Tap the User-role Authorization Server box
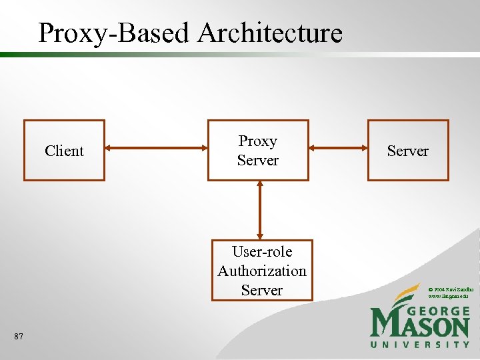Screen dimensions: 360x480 [x=261, y=270]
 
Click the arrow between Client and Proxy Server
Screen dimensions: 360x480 [x=156, y=149]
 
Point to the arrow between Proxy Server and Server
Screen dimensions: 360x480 [x=338, y=149]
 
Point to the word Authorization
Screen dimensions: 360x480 [x=261, y=271]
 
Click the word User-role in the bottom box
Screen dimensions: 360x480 [x=261, y=252]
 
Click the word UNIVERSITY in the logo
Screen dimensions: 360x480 [x=420, y=344]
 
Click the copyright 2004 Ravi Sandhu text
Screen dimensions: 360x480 [x=451, y=289]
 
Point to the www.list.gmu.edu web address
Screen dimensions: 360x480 [x=448, y=295]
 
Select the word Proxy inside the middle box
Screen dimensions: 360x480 [x=258, y=141]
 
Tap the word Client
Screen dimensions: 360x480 [x=64, y=151]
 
